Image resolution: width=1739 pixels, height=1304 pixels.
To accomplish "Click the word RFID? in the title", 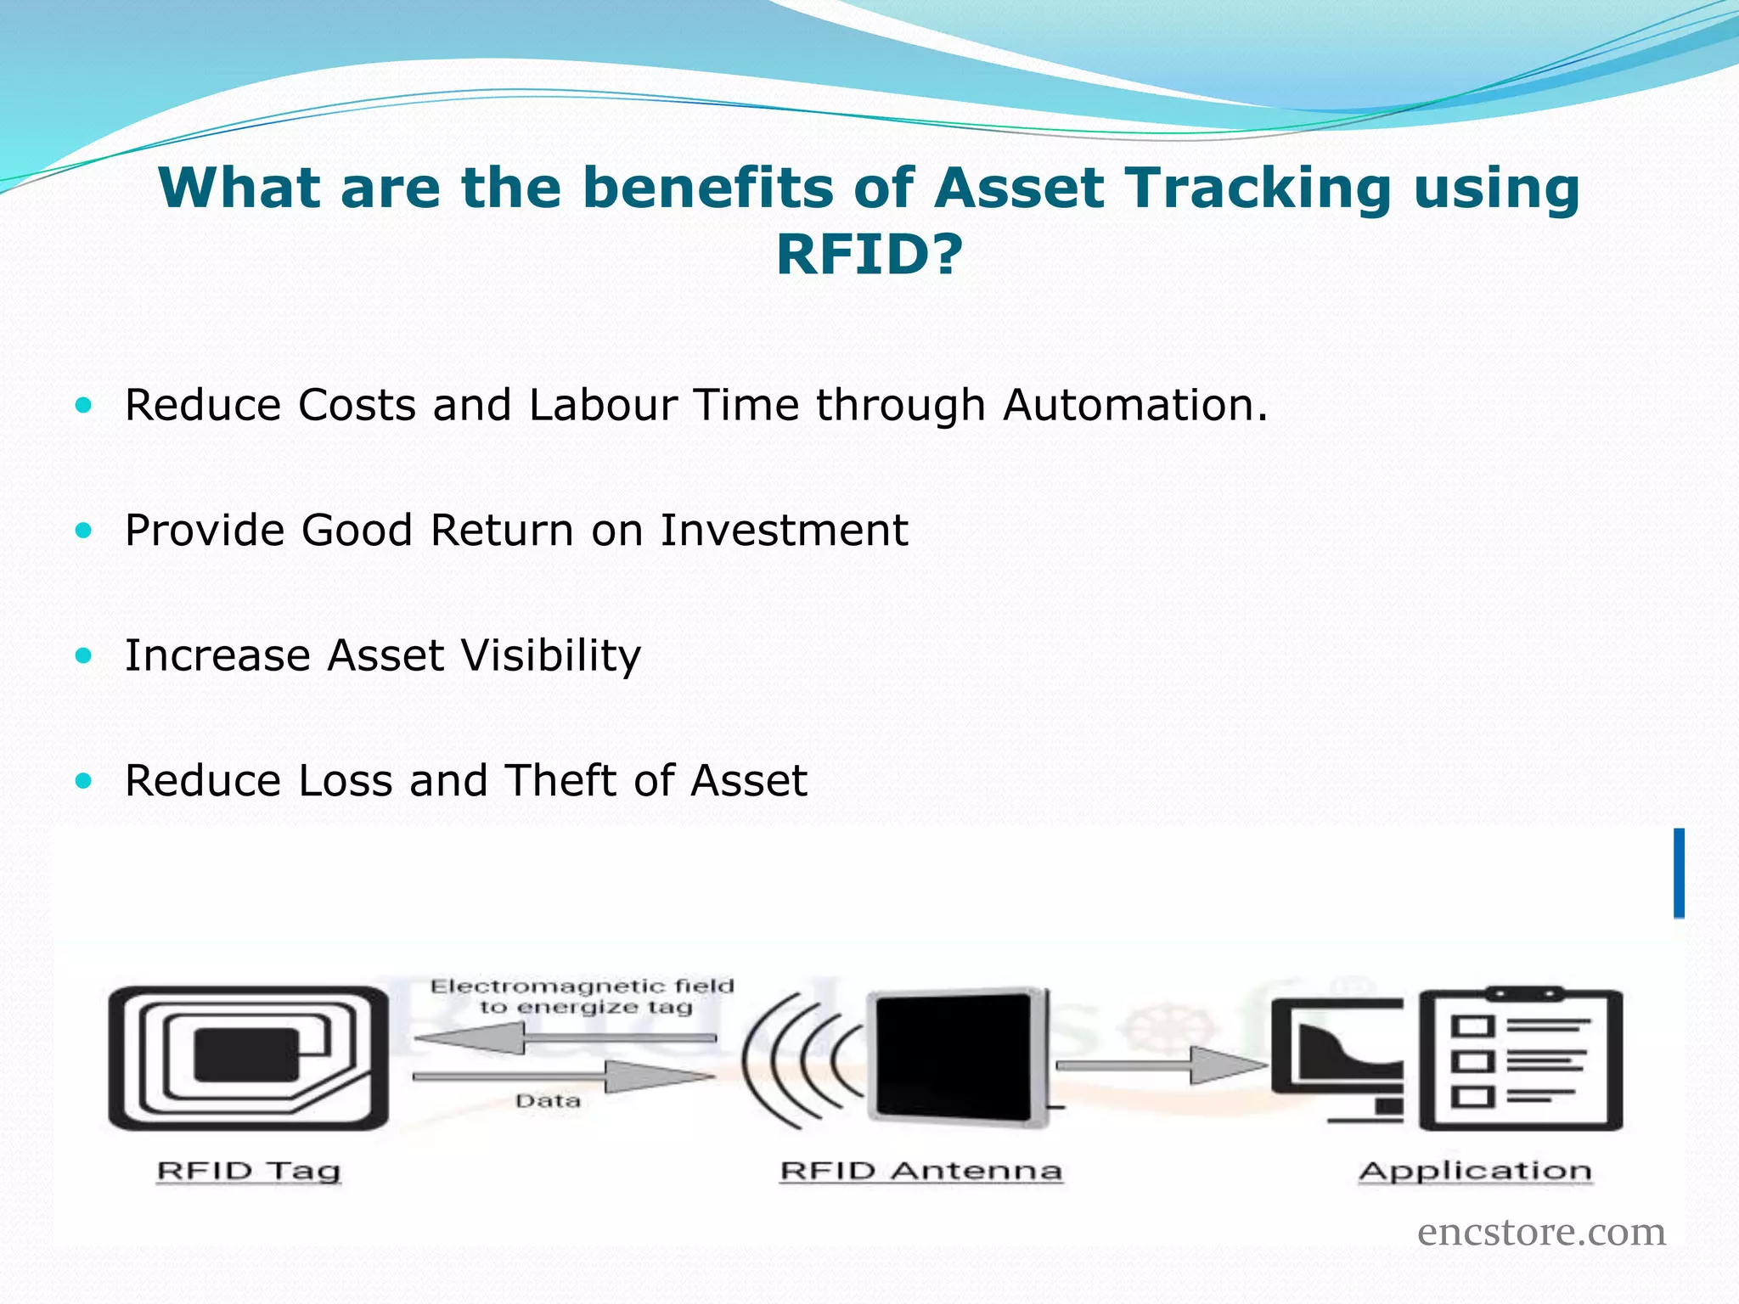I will (869, 254).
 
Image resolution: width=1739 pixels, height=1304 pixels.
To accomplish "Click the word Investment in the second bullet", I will (784, 531).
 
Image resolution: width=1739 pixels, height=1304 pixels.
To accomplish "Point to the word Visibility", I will (551, 656).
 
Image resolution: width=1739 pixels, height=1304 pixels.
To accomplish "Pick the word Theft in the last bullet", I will (560, 780).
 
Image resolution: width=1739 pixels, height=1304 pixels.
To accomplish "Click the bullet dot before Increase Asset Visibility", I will (83, 655).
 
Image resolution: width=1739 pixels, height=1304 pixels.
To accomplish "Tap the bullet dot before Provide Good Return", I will (83, 531).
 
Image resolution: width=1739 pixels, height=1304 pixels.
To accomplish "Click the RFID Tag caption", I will (249, 1171).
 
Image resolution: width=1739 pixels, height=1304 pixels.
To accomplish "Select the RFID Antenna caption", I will (920, 1171).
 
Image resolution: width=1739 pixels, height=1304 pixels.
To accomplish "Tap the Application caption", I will (1475, 1171).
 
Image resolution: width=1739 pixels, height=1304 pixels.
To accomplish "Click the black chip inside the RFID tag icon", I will (247, 1054).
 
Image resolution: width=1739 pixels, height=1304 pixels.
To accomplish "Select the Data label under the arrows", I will (548, 1101).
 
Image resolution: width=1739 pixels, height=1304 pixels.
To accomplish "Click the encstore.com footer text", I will (1541, 1232).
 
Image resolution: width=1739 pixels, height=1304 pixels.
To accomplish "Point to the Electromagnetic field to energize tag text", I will (582, 997).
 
